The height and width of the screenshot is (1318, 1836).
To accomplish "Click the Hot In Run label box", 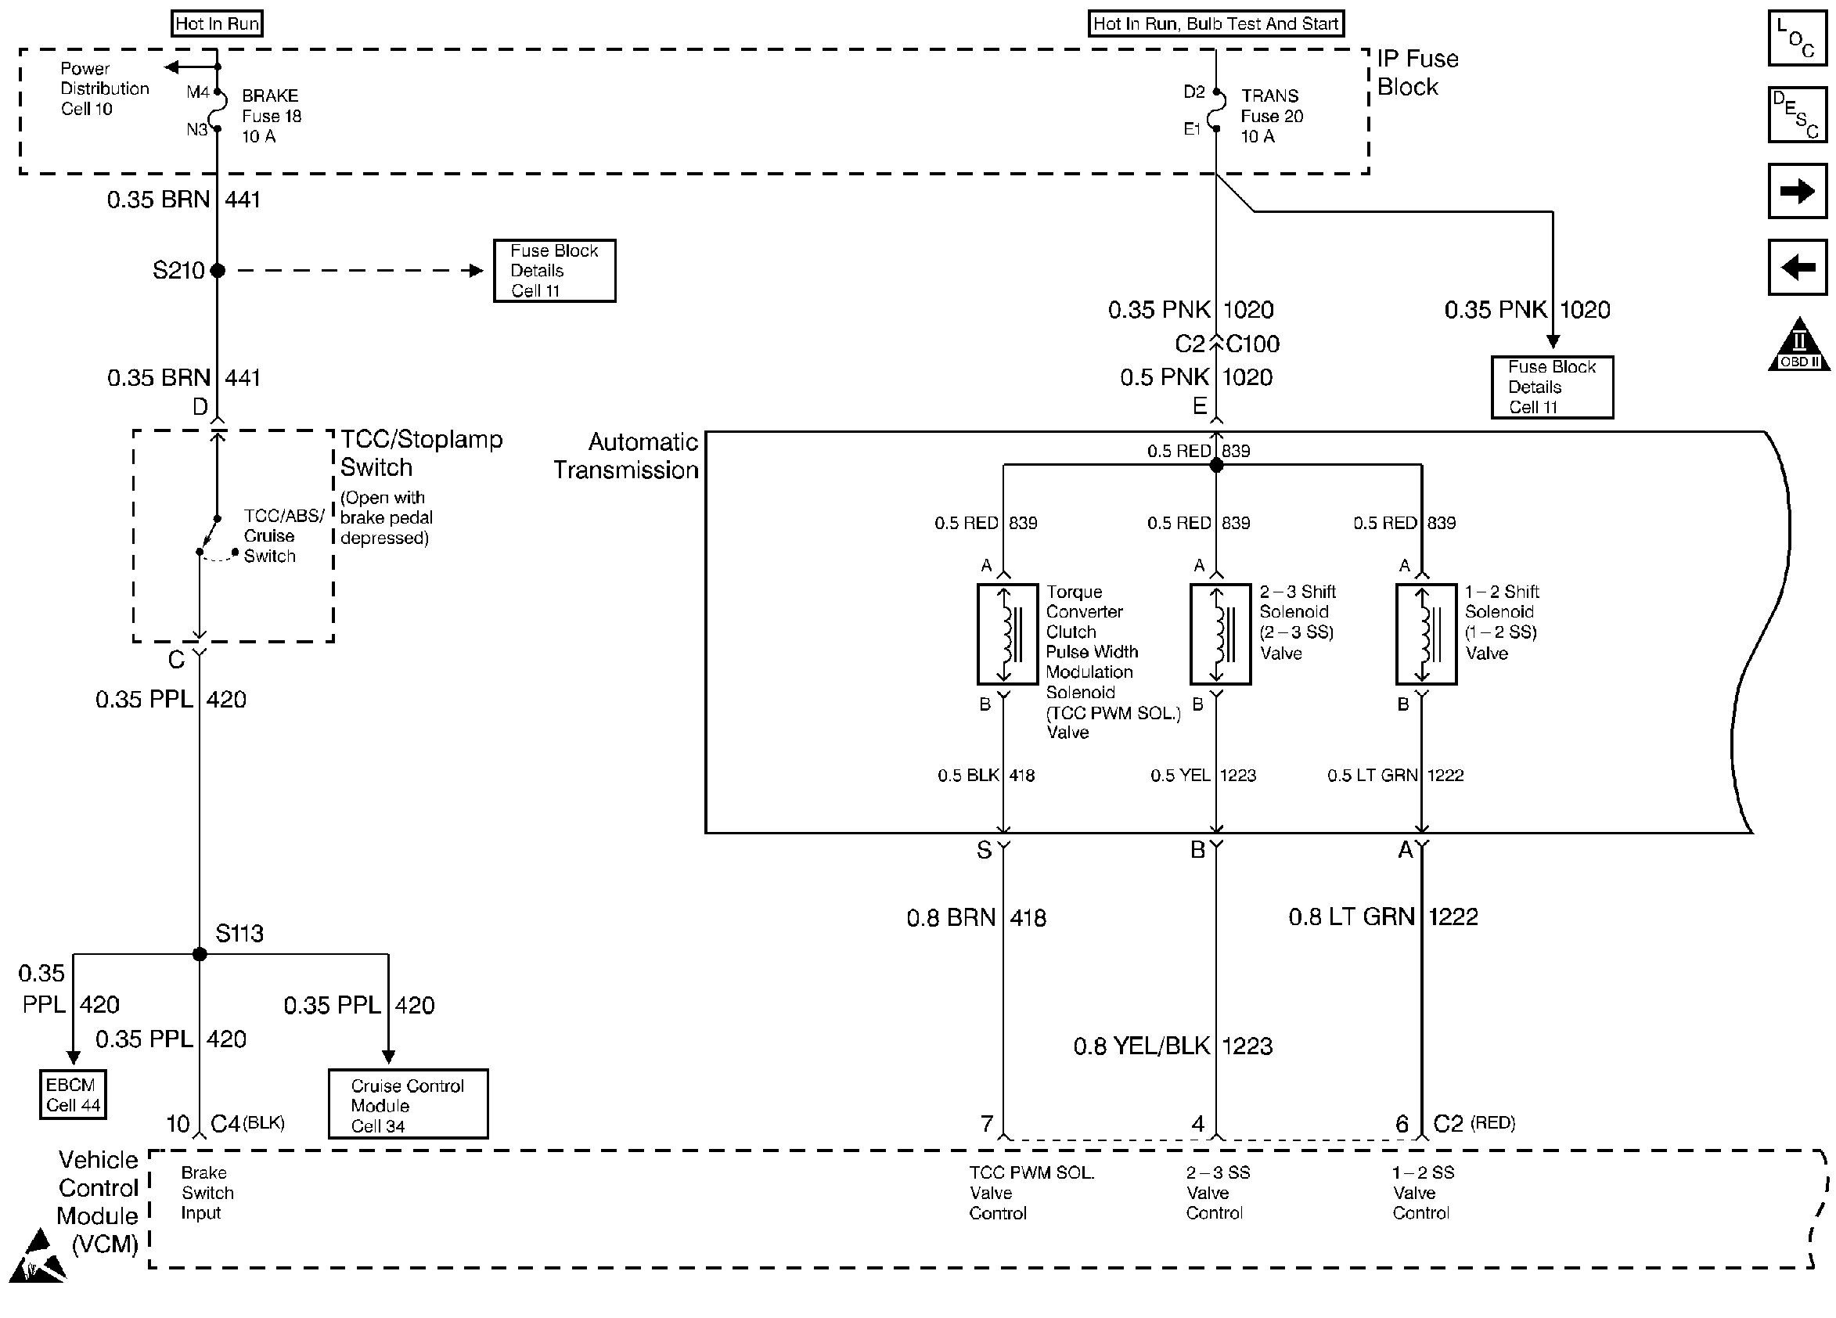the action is (x=218, y=23).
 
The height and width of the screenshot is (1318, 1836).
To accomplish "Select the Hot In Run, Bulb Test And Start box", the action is (x=1216, y=23).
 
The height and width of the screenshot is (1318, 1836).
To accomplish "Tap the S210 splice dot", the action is (x=217, y=270).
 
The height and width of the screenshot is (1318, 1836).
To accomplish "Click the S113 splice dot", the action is (x=200, y=955).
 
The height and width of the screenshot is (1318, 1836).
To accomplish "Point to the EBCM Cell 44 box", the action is (x=73, y=1095).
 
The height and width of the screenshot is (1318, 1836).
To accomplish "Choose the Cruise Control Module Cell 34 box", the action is (x=408, y=1104).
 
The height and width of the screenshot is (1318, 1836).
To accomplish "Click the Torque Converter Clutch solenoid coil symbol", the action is (x=1007, y=634).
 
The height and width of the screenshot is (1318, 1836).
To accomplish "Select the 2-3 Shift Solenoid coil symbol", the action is (x=1220, y=634).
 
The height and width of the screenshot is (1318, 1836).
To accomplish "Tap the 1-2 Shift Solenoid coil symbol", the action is (x=1426, y=634).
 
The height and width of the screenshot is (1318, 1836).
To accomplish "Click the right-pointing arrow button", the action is (x=1797, y=191).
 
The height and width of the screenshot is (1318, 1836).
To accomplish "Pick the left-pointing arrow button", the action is (x=1797, y=267).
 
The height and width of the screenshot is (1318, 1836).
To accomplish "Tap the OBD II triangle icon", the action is (x=1798, y=344).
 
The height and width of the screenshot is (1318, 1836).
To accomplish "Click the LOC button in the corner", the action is (x=1797, y=38).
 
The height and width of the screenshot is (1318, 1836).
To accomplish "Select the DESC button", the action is (x=1797, y=114).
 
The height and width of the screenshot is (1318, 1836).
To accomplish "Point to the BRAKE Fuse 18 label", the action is (x=272, y=116).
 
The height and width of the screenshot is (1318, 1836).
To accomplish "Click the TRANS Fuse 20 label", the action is (x=1272, y=116).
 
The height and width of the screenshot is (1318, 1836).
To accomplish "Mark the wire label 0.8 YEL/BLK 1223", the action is (x=1173, y=1046).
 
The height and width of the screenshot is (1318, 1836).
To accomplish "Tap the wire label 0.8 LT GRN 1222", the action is (x=1384, y=916).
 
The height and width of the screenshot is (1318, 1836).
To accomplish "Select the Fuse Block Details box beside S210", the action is (x=555, y=270).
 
